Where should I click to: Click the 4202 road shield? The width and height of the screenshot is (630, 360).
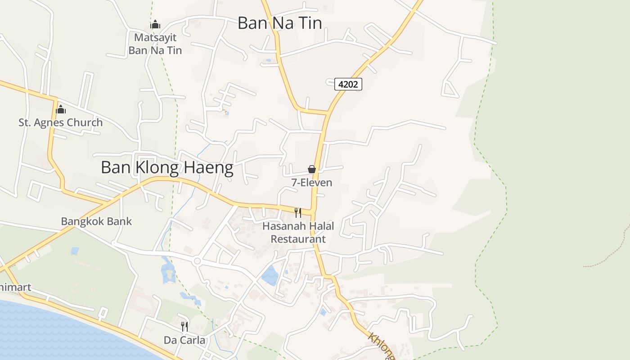pos(348,84)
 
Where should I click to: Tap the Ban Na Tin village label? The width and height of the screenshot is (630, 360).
pos(279,23)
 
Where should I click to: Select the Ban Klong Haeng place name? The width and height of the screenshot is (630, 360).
pos(167,168)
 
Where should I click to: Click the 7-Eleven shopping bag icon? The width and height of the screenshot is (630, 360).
pos(311,169)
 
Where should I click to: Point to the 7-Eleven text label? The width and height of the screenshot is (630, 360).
pos(311,182)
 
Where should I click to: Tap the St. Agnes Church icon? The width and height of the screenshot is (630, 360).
pos(60,109)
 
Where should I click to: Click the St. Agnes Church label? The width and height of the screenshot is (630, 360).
pos(60,122)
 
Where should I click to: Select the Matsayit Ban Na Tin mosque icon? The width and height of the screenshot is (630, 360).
pos(155,24)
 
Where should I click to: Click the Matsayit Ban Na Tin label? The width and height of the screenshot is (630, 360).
pos(155,44)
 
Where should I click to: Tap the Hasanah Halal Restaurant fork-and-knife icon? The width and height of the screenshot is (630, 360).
pos(297,212)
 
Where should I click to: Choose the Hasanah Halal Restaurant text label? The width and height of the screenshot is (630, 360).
pos(298,232)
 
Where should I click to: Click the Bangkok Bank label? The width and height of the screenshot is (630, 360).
pos(96,221)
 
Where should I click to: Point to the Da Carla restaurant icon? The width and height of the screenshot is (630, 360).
pos(184,326)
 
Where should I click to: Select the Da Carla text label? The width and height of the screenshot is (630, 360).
pos(184,340)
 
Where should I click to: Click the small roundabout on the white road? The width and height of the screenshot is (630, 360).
pos(197,261)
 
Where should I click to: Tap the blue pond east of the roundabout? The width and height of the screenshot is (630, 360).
pos(270,275)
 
